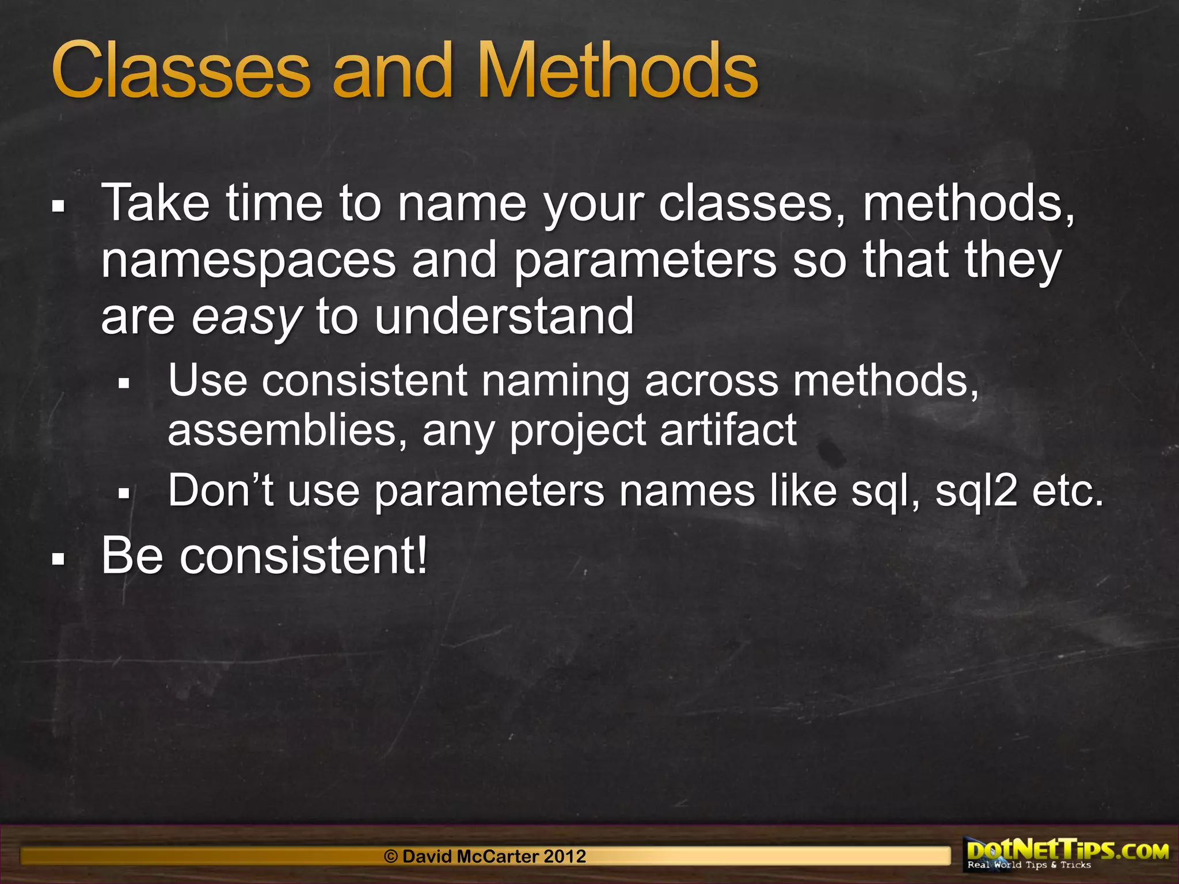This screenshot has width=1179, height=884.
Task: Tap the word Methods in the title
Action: click(x=618, y=72)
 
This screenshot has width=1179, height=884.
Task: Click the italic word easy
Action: click(x=246, y=318)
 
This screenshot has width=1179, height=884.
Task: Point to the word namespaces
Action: click(x=249, y=260)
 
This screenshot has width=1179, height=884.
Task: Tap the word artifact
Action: click(x=728, y=430)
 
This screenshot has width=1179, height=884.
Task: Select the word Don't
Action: click(x=220, y=490)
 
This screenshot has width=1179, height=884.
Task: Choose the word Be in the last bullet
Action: click(x=132, y=555)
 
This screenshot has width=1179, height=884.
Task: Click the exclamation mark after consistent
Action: click(x=423, y=555)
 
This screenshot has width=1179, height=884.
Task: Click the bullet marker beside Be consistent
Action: click(x=58, y=558)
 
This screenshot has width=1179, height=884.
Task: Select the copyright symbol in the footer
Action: click(x=391, y=856)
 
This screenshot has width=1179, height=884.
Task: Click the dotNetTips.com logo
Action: click(x=1068, y=853)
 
